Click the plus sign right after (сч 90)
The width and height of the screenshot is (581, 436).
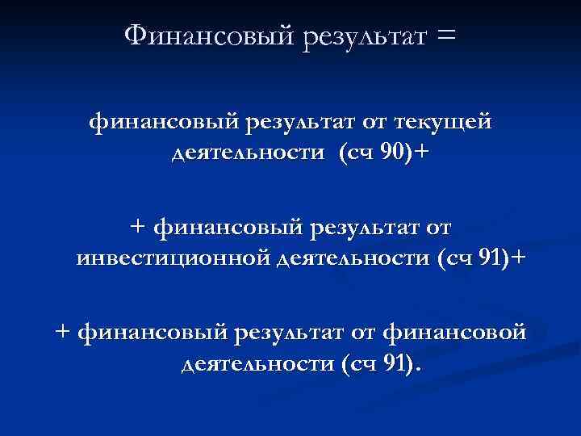coord(417,152)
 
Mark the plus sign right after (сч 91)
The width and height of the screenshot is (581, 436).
coord(517,257)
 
